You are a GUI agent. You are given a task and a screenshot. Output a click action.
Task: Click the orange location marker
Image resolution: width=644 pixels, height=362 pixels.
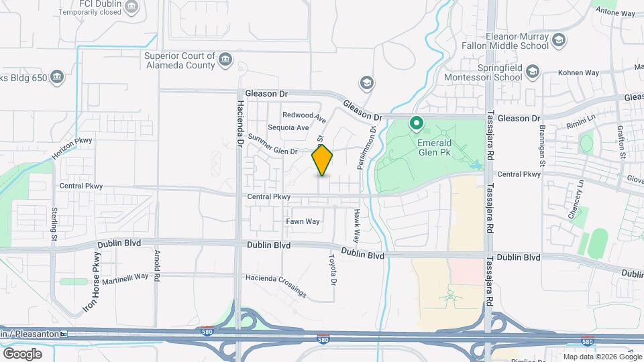323,160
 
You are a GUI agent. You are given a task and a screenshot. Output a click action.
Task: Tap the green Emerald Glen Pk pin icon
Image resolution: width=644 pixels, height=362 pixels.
416,123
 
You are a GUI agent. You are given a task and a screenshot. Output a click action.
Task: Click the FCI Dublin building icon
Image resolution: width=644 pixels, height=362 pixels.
132,8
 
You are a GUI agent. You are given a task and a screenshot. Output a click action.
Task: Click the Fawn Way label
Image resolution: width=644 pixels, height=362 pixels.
303,221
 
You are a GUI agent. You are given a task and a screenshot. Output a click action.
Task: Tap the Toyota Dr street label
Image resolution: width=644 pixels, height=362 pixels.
331,268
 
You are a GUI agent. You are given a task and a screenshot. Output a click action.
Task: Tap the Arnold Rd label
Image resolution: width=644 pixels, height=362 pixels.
157,257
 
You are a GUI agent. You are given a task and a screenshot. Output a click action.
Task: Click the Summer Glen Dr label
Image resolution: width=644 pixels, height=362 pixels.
272,145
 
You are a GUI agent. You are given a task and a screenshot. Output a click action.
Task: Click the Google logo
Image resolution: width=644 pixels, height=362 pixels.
22,353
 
